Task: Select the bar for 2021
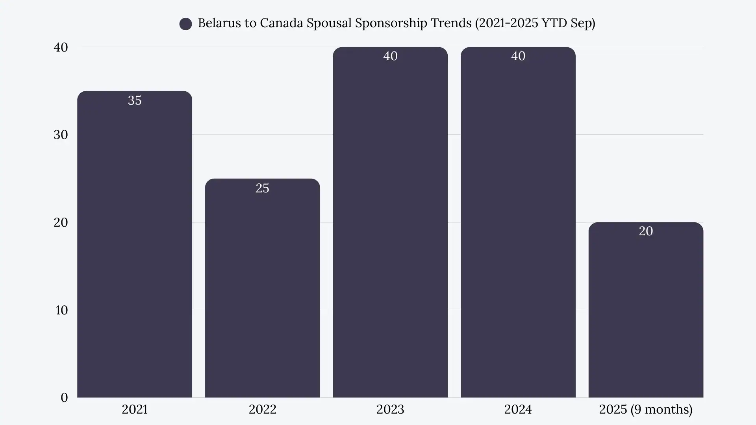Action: point(135,244)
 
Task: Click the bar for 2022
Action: point(262,288)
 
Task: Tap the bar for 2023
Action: point(390,222)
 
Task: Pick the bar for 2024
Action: point(518,222)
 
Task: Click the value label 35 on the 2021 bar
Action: point(135,100)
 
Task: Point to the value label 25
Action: point(262,188)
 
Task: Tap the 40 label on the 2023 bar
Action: point(390,56)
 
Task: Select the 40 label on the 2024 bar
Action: point(518,56)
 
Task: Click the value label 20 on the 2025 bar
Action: point(646,231)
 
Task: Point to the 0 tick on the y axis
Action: point(64,397)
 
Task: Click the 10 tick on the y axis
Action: point(61,310)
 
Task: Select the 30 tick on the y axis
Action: point(61,135)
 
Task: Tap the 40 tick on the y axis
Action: point(61,47)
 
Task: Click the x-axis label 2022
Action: point(262,409)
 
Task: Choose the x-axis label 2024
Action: point(518,409)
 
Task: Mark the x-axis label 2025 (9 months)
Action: point(646,409)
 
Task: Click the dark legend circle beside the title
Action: point(185,24)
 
